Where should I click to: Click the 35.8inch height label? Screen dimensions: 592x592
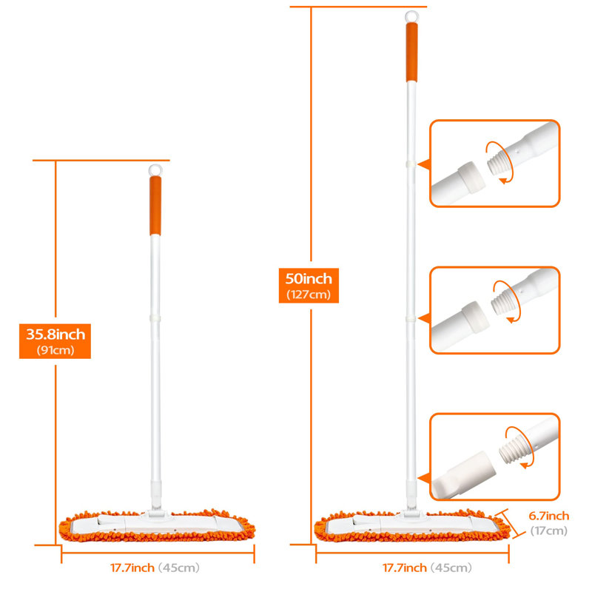pyautogui.click(x=55, y=334)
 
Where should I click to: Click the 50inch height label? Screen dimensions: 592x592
pyautogui.click(x=309, y=279)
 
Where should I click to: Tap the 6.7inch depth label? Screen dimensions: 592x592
pyautogui.click(x=548, y=516)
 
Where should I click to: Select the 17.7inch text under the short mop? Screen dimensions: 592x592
pyautogui.click(x=132, y=568)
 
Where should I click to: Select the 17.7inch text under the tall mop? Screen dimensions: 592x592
pyautogui.click(x=404, y=568)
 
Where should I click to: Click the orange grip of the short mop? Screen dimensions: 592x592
pyautogui.click(x=155, y=206)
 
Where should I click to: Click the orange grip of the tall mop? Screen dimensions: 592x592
pyautogui.click(x=411, y=52)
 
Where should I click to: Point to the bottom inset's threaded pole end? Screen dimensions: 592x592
pyautogui.click(x=512, y=448)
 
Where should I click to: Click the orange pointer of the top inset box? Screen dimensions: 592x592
pyautogui.click(x=425, y=164)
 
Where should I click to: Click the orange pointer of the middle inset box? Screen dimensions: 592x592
pyautogui.click(x=425, y=318)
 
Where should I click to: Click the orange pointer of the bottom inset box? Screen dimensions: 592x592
pyautogui.click(x=425, y=478)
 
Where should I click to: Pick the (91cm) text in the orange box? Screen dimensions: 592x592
pyautogui.click(x=55, y=350)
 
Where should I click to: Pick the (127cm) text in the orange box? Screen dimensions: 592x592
pyautogui.click(x=309, y=295)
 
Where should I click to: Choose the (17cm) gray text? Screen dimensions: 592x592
pyautogui.click(x=548, y=531)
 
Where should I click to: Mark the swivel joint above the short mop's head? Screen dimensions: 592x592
pyautogui.click(x=156, y=508)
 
